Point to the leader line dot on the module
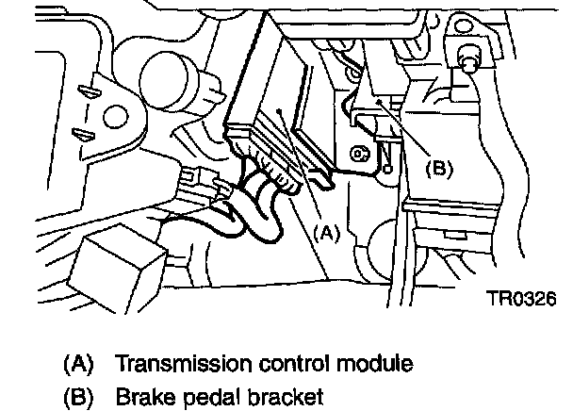click(282, 111)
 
